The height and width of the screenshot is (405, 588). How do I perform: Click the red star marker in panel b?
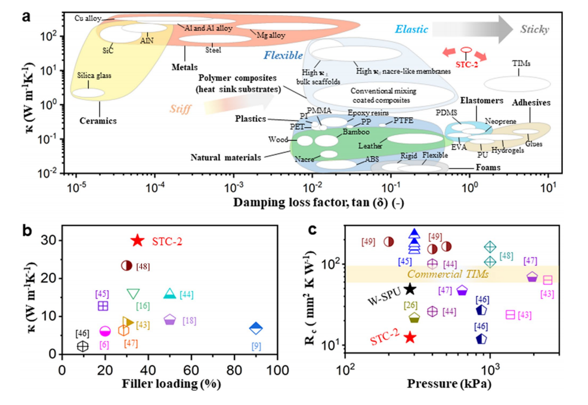[x=137, y=240]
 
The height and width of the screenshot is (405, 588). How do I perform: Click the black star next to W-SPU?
[x=410, y=289]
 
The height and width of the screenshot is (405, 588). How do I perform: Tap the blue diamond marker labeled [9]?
[x=256, y=328]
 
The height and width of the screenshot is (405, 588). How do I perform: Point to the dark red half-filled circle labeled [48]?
[x=126, y=266]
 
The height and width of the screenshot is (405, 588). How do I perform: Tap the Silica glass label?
[x=94, y=76]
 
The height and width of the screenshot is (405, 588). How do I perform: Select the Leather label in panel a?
[x=370, y=145]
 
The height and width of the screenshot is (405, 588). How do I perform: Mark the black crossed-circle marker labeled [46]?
[x=82, y=346]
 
